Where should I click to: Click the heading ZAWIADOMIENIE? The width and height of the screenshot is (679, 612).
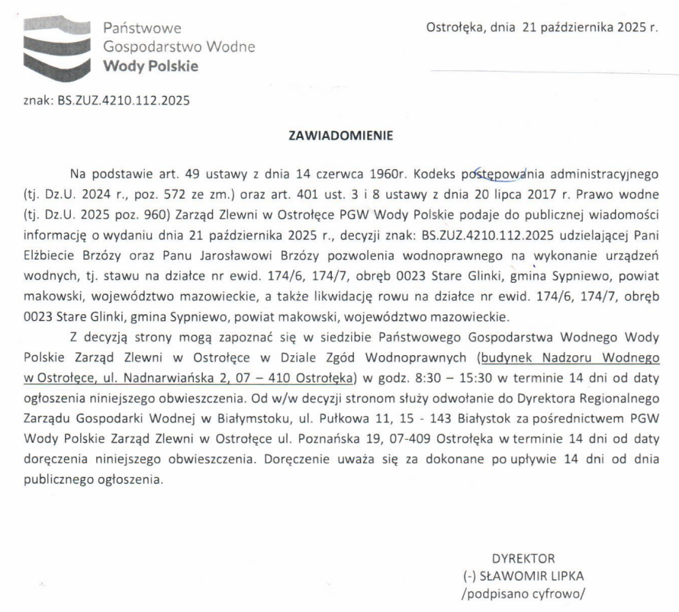click(x=340, y=137)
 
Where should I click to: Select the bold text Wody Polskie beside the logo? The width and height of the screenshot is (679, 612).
click(x=150, y=66)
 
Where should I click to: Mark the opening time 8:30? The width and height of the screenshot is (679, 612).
click(x=424, y=376)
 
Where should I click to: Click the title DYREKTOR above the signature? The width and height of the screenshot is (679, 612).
click(x=523, y=557)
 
